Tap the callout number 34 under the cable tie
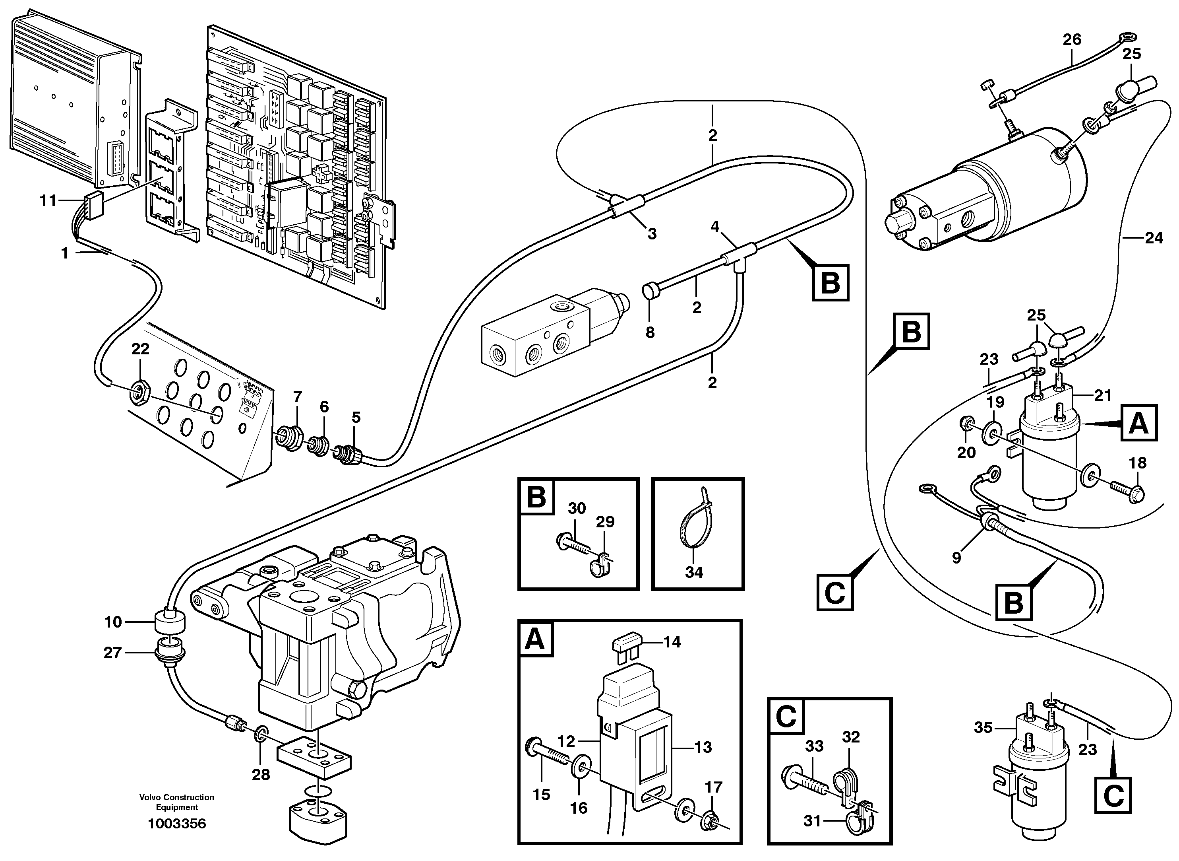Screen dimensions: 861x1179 coord(694,572)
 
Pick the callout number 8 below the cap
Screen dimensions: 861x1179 coord(650,332)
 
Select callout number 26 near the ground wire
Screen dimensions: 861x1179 coord(1072,40)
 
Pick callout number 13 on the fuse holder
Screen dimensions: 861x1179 coord(703,747)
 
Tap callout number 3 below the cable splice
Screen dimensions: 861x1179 coord(652,234)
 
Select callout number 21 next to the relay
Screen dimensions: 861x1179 coord(1102,396)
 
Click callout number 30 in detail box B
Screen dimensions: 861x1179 coord(577,508)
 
